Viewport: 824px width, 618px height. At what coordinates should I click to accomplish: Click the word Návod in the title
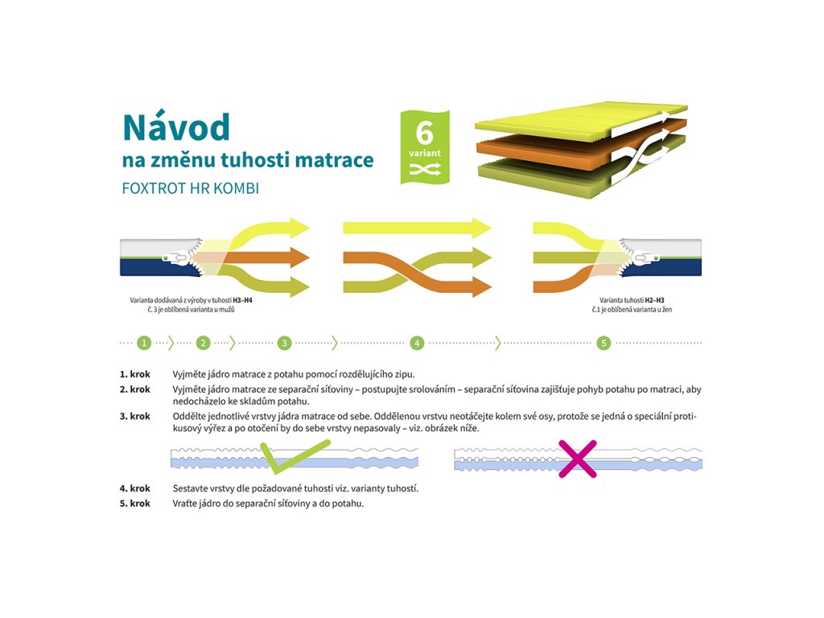(x=176, y=127)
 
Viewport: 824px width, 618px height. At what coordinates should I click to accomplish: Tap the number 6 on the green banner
(x=424, y=131)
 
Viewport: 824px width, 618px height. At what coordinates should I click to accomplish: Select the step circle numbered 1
(x=144, y=343)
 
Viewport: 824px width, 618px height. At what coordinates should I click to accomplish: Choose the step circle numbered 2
(x=203, y=343)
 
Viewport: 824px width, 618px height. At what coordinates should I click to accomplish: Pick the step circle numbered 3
(x=284, y=343)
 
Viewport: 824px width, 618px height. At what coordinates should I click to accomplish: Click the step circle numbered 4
(x=417, y=343)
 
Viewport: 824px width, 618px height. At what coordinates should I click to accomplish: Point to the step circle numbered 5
(x=604, y=343)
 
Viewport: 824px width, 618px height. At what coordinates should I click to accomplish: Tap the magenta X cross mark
(x=578, y=459)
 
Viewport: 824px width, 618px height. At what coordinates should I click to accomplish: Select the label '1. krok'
(x=135, y=374)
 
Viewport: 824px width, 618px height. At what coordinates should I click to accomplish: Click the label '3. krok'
(x=135, y=416)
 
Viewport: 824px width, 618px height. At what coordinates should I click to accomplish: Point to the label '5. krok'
(x=135, y=504)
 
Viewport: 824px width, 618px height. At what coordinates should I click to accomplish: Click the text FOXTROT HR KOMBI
(x=191, y=188)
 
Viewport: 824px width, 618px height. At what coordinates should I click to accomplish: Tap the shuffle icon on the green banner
(x=424, y=168)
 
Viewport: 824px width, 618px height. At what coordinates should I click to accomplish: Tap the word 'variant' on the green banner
(x=424, y=152)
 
